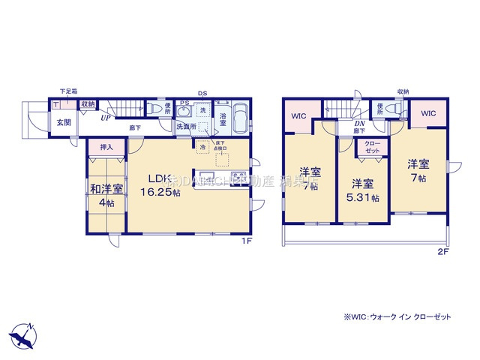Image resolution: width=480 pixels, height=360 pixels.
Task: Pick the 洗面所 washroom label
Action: [186, 127]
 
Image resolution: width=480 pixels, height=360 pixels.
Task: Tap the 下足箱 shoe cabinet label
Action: [67, 92]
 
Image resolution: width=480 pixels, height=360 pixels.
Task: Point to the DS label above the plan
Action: [202, 93]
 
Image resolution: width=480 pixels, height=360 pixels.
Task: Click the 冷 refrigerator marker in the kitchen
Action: [202, 148]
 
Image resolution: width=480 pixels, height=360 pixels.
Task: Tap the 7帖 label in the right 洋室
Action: [418, 169]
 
